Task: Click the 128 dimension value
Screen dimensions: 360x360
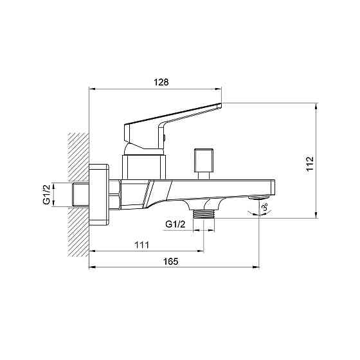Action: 161,82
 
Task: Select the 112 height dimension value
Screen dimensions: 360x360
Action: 310,163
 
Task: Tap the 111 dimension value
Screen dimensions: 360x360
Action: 141,245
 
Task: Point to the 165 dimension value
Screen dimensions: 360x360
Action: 170,261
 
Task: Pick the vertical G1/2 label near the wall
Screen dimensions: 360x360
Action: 46,194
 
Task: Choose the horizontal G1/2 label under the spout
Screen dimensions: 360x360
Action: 175,224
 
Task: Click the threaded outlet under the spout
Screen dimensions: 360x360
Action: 204,214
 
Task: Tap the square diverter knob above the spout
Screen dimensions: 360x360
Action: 204,160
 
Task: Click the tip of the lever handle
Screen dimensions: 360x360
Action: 221,104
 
